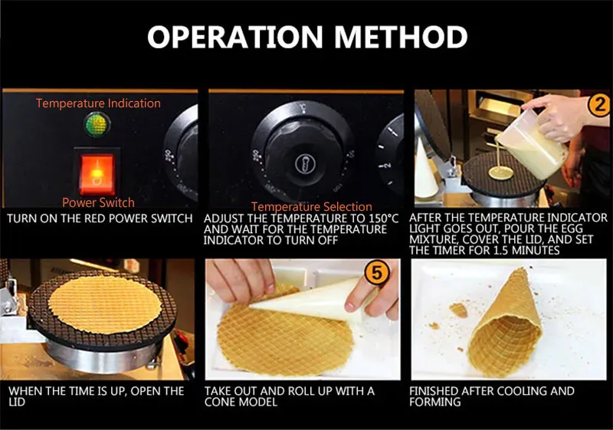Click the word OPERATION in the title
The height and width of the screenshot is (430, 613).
pos(235,37)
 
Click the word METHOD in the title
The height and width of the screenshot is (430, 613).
pos(401,37)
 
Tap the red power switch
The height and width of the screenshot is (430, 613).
pos(97,174)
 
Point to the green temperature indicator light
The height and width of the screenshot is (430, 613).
pos(97,124)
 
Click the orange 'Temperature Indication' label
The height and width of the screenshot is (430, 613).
pos(98,103)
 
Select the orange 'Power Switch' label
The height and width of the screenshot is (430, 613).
pos(98,202)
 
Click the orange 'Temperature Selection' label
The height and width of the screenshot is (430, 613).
pos(312,206)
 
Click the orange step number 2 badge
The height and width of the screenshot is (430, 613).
pos(599,105)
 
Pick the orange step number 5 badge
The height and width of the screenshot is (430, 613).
pos(376,272)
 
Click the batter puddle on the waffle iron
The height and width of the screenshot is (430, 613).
pos(502,172)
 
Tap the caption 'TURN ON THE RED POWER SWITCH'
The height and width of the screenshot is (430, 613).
pos(100,218)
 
